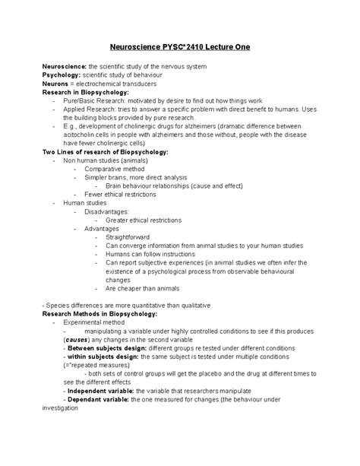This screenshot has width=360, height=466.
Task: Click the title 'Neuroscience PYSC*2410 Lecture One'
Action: [180, 47]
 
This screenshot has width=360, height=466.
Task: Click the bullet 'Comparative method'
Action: [116, 169]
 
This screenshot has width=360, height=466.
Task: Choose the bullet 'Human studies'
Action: [86, 203]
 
